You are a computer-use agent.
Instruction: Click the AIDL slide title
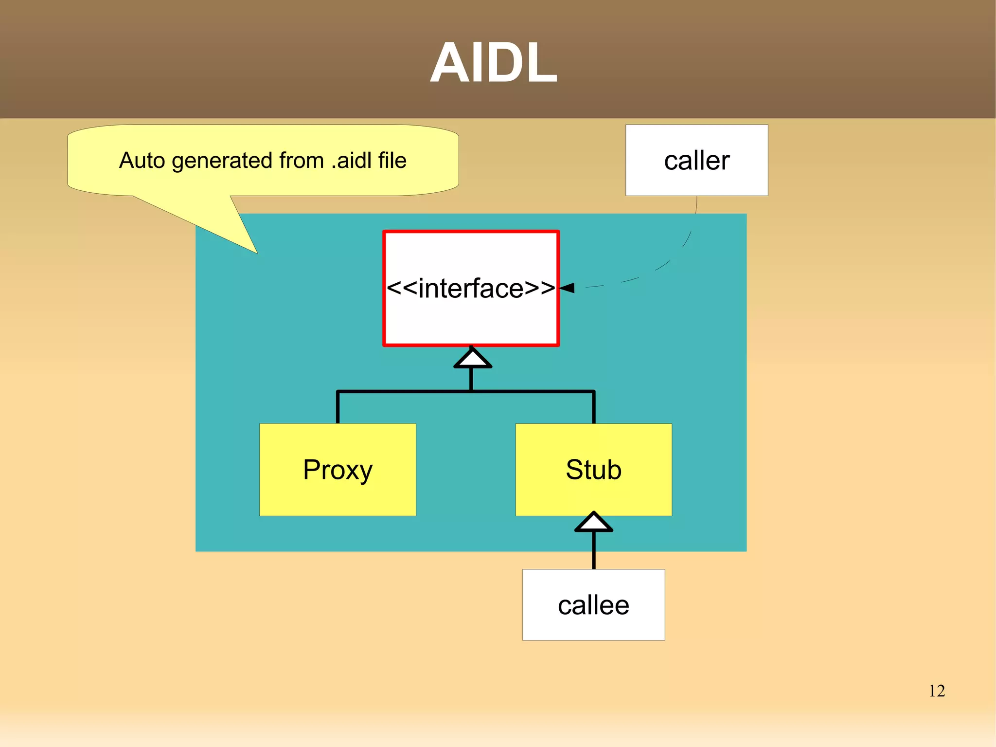tap(493, 63)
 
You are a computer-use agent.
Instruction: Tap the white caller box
tap(696, 160)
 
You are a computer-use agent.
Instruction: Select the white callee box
tap(593, 605)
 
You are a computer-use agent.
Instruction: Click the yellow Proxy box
tap(338, 470)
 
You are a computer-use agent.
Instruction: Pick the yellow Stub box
tap(593, 470)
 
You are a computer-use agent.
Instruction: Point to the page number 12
tap(937, 691)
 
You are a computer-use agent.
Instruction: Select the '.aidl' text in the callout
tap(351, 160)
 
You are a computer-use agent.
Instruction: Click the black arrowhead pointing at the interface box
tap(568, 288)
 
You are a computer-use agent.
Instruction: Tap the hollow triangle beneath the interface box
tap(472, 358)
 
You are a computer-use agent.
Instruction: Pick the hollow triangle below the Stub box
tap(593, 523)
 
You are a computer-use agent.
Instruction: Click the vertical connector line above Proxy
tap(338, 408)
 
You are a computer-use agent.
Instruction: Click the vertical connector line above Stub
tap(593, 408)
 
